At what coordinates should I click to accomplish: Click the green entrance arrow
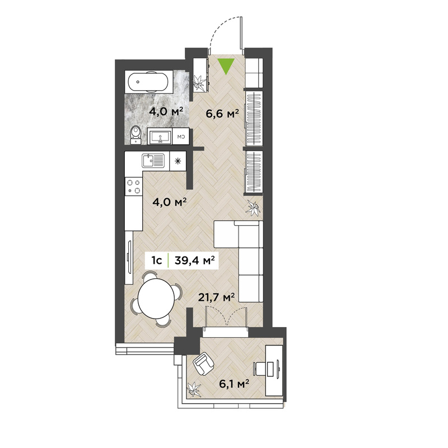[226, 66]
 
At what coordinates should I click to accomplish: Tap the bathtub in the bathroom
[147, 82]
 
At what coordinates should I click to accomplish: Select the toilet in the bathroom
[136, 134]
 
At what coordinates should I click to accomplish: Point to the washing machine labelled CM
[180, 137]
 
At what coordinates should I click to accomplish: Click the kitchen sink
[153, 161]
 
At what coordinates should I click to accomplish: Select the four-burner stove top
[134, 186]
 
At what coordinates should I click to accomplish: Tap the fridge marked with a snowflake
[178, 161]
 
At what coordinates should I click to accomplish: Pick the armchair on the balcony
[203, 364]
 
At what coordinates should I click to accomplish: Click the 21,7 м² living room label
[217, 297]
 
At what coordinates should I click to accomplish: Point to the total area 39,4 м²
[194, 260]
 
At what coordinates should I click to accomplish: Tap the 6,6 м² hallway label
[222, 114]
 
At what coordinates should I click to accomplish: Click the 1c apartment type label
[157, 260]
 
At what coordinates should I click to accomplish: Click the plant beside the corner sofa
[254, 208]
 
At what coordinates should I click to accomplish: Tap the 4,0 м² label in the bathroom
[166, 111]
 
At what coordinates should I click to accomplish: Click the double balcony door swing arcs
[226, 316]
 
